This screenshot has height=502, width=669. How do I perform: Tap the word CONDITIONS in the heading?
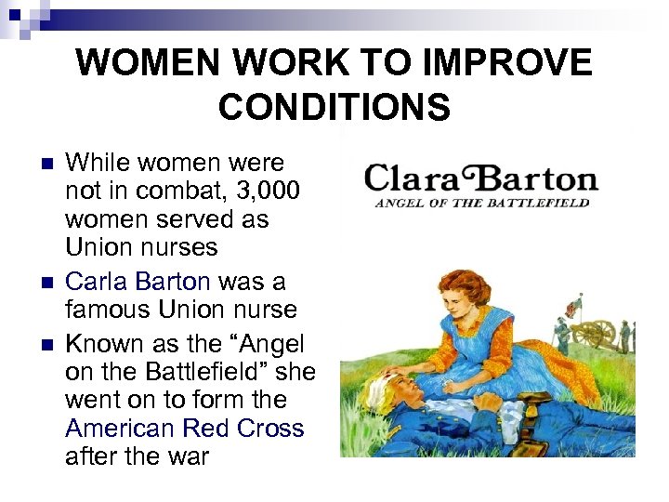click(334, 107)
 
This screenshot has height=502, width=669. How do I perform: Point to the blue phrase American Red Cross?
click(185, 428)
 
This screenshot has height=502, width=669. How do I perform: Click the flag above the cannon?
click(572, 304)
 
